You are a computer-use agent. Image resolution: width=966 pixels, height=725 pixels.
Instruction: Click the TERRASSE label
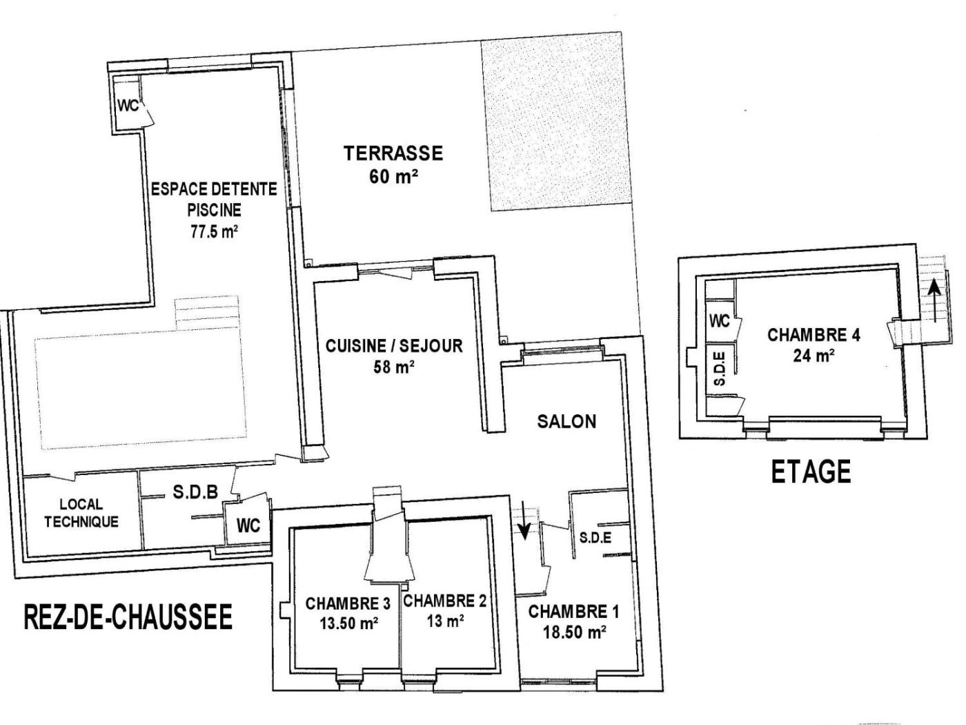pos(393,153)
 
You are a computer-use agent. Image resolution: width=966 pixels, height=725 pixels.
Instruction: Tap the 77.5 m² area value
pos(215,231)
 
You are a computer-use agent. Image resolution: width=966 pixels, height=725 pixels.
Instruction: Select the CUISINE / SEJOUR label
pos(394,346)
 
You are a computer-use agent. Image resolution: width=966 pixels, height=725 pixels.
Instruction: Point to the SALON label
pos(567,422)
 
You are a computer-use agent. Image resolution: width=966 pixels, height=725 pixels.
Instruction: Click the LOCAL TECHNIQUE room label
pos(81,513)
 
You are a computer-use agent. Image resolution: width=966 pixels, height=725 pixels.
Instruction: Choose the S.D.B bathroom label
pos(195,492)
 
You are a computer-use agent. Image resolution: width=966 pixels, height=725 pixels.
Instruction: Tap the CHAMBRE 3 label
pos(348,603)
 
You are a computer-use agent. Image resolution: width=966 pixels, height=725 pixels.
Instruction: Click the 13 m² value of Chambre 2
pos(445,621)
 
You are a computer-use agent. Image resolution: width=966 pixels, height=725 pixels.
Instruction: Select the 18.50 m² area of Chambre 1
pos(574,632)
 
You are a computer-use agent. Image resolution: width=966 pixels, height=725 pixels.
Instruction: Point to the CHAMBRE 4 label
pos(814,335)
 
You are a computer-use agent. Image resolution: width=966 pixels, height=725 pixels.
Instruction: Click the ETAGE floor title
pos(811,472)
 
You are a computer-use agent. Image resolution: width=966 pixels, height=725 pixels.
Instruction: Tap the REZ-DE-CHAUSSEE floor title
pos(128,617)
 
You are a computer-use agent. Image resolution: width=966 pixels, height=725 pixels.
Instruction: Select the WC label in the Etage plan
pos(720,321)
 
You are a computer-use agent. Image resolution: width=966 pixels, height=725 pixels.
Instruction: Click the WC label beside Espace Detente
pos(128,106)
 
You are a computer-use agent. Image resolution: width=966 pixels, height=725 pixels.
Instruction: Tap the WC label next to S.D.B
pos(248,525)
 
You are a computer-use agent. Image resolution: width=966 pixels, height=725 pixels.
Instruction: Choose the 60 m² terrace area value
pos(393,177)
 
